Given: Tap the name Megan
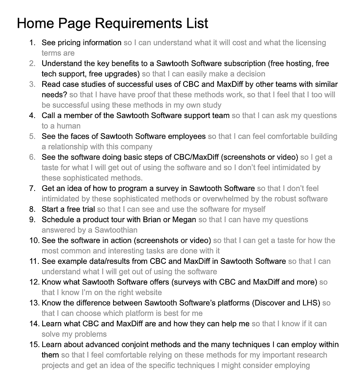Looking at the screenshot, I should pyautogui.click(x=185, y=220).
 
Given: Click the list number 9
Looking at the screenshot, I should pyautogui.click(x=32, y=220).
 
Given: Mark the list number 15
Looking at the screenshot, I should pyautogui.click(x=34, y=344).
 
